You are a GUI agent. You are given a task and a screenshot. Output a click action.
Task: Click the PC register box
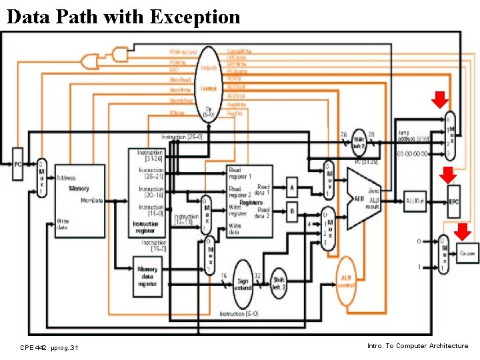pos(18,164)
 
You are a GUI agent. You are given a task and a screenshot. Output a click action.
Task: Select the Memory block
pos(79,200)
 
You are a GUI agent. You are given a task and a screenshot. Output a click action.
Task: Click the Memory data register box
pos(147,273)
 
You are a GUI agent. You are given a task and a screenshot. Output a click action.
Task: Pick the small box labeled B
pos(292,213)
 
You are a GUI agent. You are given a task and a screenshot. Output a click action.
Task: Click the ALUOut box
pos(415,200)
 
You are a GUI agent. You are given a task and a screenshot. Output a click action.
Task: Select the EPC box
pos(454,201)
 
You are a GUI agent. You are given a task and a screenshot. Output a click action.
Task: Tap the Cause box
pos(466,253)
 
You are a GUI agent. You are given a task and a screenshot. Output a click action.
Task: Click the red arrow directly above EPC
pos(448,176)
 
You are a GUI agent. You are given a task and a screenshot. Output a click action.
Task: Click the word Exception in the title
pos(195,16)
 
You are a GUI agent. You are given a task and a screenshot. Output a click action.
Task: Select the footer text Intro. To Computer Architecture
pos(417,346)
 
